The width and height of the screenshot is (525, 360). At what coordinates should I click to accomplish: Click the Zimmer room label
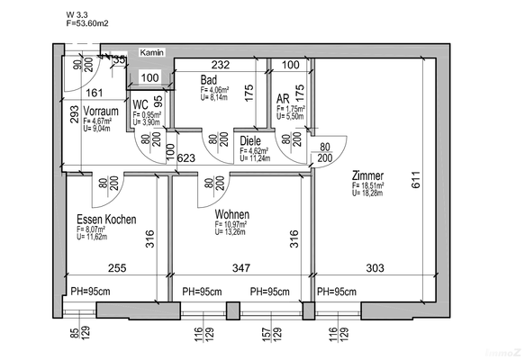pyautogui.click(x=369, y=176)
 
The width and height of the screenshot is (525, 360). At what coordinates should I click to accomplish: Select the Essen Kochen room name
pyautogui.click(x=106, y=220)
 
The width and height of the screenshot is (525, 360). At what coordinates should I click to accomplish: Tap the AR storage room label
pyautogui.click(x=283, y=99)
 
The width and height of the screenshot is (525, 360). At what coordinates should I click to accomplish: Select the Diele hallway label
pyautogui.click(x=250, y=140)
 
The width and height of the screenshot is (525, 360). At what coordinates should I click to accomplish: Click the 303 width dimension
pyautogui.click(x=375, y=268)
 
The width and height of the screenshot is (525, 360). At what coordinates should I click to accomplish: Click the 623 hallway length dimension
pyautogui.click(x=187, y=159)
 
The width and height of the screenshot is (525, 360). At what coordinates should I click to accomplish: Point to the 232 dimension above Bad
pyautogui.click(x=222, y=66)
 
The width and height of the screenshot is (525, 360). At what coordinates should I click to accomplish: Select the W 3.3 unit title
pyautogui.click(x=78, y=15)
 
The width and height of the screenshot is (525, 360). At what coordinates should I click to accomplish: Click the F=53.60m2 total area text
pyautogui.click(x=87, y=25)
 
